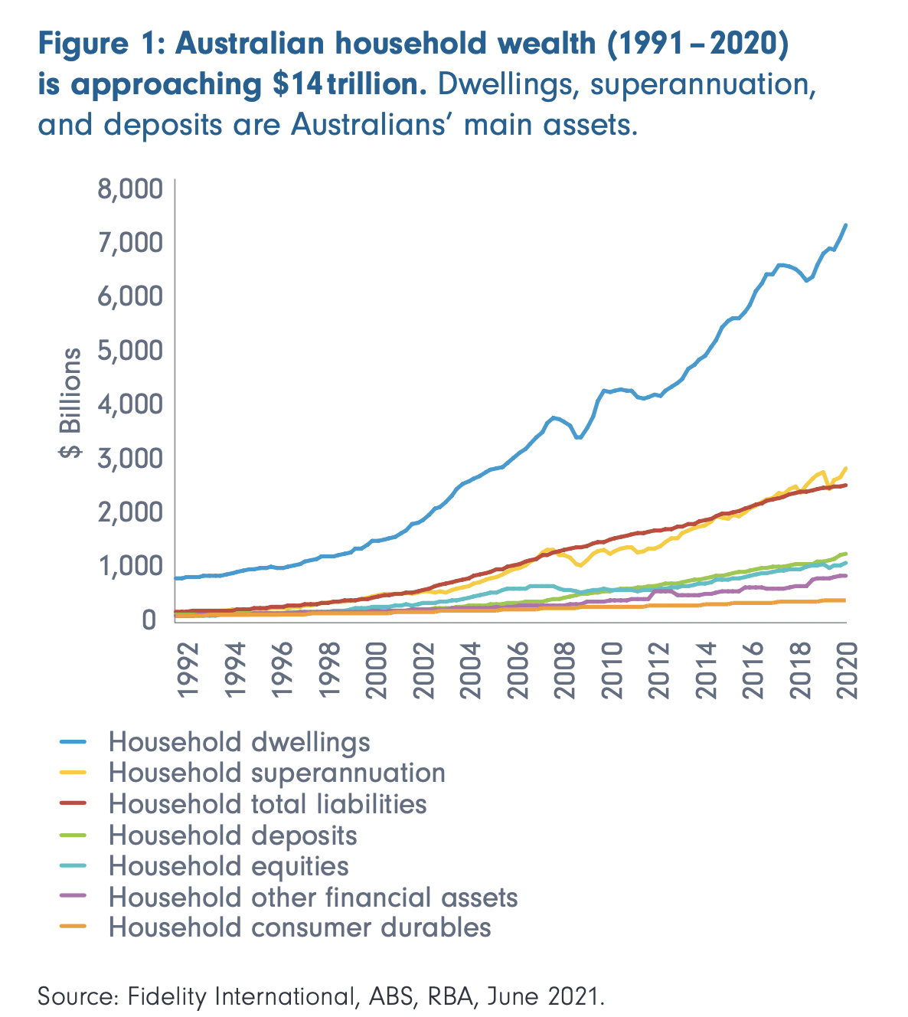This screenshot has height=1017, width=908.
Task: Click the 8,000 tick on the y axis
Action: point(131,188)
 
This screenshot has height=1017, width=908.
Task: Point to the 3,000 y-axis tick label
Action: point(131,458)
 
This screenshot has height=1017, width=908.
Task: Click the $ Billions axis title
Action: point(70,403)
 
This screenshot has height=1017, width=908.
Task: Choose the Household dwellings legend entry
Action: point(239,741)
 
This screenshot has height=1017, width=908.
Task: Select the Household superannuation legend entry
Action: point(276,773)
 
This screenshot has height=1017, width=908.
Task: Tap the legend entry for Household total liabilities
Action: point(267,803)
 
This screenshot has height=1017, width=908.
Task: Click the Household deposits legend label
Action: point(233,835)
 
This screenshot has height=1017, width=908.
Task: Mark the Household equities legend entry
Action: point(228,865)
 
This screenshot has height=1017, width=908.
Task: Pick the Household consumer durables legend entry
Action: point(299,927)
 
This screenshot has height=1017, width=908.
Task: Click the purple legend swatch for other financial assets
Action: point(75,896)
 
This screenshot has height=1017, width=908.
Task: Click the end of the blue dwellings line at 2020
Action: point(846,224)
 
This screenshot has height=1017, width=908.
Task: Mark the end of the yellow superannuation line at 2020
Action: point(846,468)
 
